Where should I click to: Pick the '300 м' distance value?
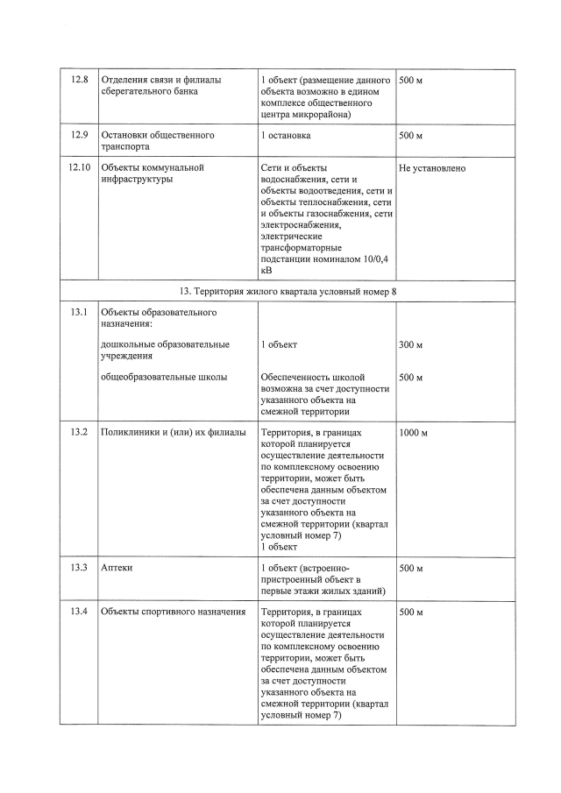pos(410,345)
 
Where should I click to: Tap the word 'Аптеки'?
pos(117,568)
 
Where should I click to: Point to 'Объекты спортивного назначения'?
pos(173,611)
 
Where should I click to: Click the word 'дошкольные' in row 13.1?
pos(129,345)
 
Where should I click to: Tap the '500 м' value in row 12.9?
pos(410,136)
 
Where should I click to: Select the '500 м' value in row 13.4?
pos(410,611)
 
